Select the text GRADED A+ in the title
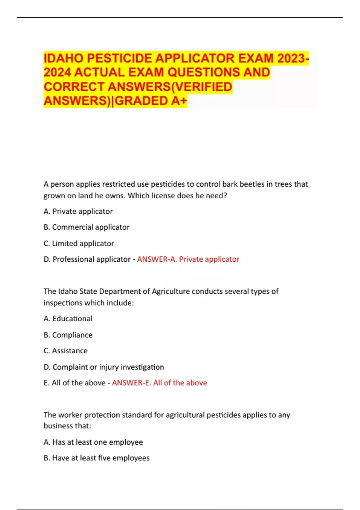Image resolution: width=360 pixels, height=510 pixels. pyautogui.click(x=151, y=101)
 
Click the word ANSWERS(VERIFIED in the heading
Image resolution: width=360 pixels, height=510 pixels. pyautogui.click(x=170, y=87)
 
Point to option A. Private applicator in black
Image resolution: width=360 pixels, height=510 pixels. pyautogui.click(x=78, y=211)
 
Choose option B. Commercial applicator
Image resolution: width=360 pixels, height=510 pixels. pyautogui.click(x=86, y=227)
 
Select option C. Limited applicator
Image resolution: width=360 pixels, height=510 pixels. pyautogui.click(x=79, y=243)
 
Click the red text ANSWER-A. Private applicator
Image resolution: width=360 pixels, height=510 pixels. pyautogui.click(x=188, y=259)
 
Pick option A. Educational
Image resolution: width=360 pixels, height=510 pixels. pyautogui.click(x=68, y=319)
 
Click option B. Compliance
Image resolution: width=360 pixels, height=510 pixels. pyautogui.click(x=68, y=335)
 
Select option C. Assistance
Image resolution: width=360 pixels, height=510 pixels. pyautogui.click(x=65, y=351)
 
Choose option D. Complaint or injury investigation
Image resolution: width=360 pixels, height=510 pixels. pyautogui.click(x=104, y=367)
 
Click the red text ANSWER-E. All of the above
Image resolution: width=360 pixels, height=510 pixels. pyautogui.click(x=159, y=383)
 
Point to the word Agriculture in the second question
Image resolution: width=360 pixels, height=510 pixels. pyautogui.click(x=171, y=291)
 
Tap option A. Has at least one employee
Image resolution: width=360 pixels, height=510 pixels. pyautogui.click(x=93, y=442)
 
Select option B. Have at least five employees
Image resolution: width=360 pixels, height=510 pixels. pyautogui.click(x=96, y=458)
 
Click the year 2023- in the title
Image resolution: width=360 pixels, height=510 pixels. pyautogui.click(x=293, y=58)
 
